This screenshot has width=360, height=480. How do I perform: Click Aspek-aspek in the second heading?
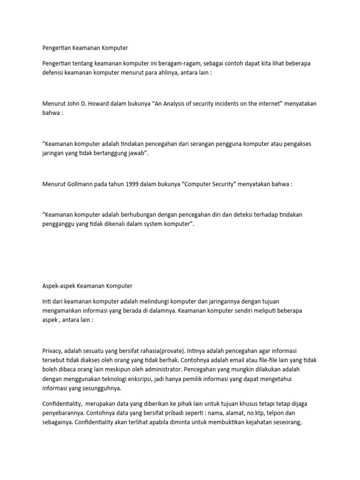(x=58, y=285)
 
